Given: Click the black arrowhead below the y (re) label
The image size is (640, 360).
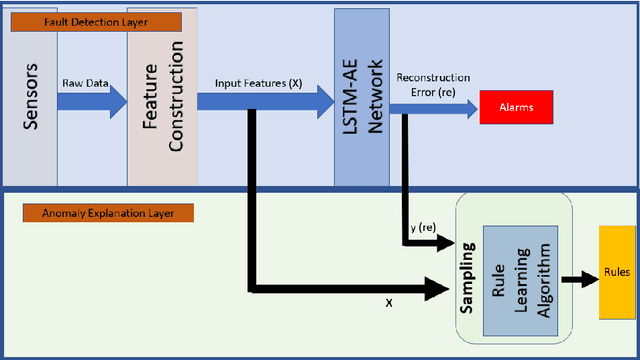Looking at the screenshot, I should tap(445, 245).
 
